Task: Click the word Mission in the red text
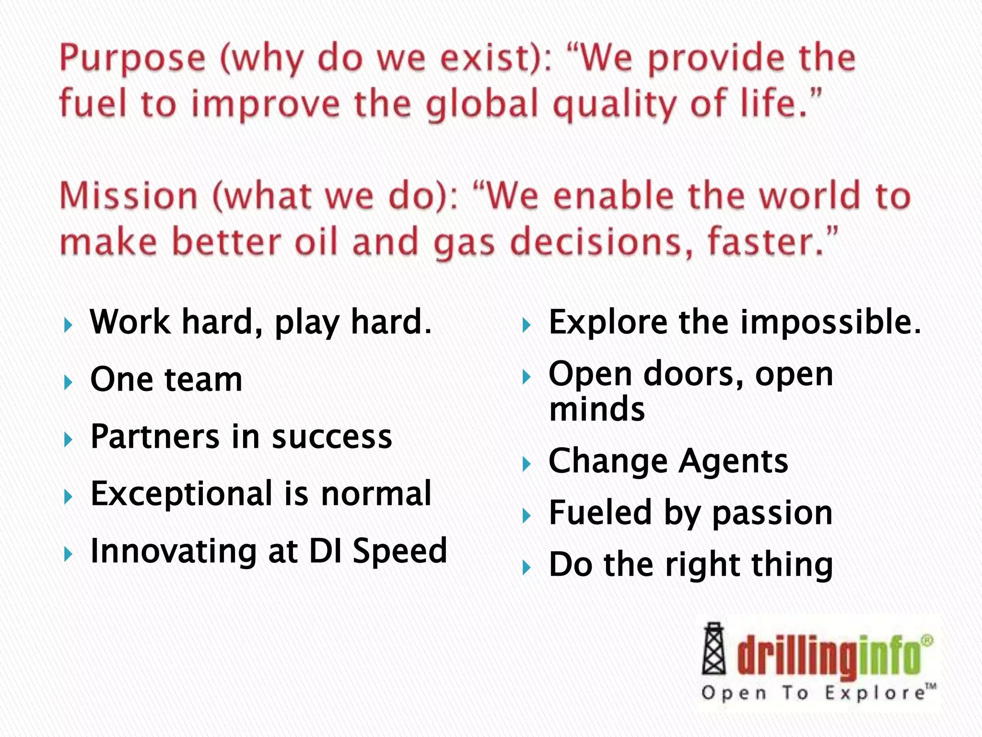click(x=129, y=197)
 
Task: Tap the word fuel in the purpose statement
click(x=94, y=104)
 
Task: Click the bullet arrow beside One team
click(x=68, y=382)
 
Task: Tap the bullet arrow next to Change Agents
click(x=526, y=464)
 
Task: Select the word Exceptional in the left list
click(x=181, y=494)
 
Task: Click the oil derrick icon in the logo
click(x=713, y=649)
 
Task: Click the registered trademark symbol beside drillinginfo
click(x=927, y=641)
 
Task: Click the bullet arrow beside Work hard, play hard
click(x=68, y=326)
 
